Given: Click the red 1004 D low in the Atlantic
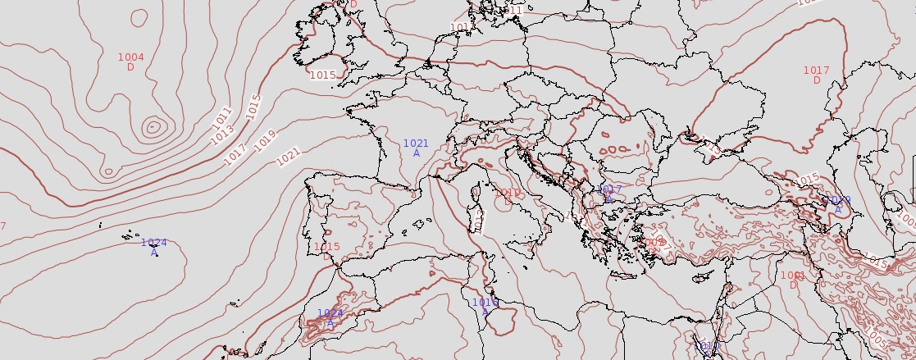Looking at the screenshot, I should click(130, 62).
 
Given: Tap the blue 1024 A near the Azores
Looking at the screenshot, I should click(153, 247).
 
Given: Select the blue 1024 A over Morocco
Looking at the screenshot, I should click(330, 318).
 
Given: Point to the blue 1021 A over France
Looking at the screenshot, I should click(416, 148).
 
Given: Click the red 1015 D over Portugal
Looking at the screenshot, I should click(326, 251).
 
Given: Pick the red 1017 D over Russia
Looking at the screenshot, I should click(816, 75).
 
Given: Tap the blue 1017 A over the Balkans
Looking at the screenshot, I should click(609, 194).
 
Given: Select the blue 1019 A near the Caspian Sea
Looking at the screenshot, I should click(837, 204).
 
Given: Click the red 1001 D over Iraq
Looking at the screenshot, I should click(793, 280).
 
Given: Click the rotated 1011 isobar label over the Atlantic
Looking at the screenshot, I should click(222, 116).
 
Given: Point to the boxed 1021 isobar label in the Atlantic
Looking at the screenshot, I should click(289, 153).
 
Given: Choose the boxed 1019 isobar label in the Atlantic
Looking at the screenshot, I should click(265, 140).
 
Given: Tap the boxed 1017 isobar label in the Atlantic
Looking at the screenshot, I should click(235, 153).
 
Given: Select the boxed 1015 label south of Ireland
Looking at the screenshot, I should click(323, 75).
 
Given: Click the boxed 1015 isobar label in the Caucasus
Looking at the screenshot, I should click(808, 179).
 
